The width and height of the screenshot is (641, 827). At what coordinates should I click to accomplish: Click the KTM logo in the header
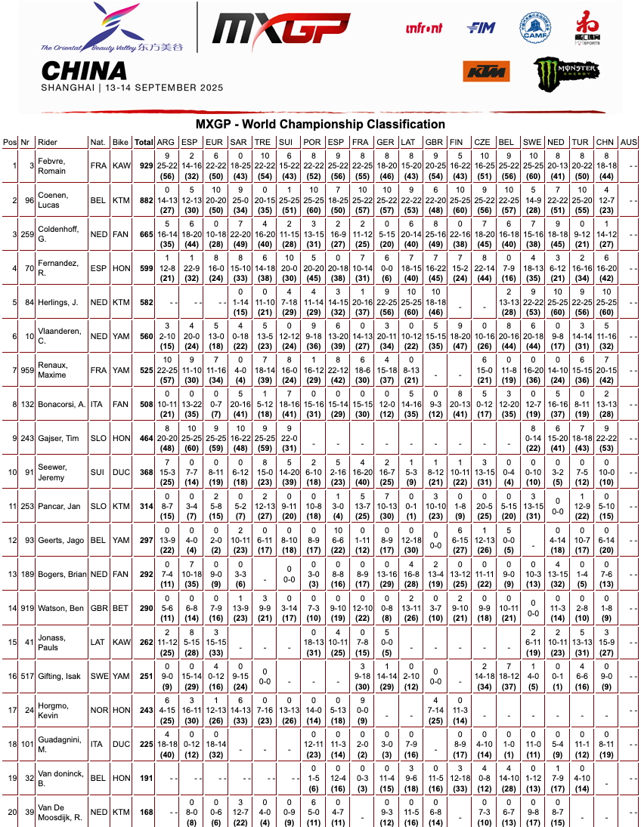click(486, 70)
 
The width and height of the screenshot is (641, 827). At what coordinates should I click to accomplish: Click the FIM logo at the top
click(481, 28)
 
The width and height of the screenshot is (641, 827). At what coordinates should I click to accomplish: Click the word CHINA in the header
click(84, 71)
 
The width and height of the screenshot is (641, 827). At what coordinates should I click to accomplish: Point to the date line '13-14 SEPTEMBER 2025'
click(163, 88)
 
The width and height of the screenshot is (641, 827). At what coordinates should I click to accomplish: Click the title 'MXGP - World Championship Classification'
click(320, 125)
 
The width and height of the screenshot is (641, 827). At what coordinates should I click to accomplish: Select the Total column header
click(144, 142)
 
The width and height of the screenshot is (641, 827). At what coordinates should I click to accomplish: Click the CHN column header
click(605, 142)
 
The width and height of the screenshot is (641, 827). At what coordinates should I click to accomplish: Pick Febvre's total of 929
click(144, 165)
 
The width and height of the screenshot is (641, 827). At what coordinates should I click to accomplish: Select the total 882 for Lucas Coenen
click(144, 199)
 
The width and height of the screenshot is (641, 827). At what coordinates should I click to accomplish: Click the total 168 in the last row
click(144, 813)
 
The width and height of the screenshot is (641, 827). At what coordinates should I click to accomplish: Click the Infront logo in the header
click(425, 29)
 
